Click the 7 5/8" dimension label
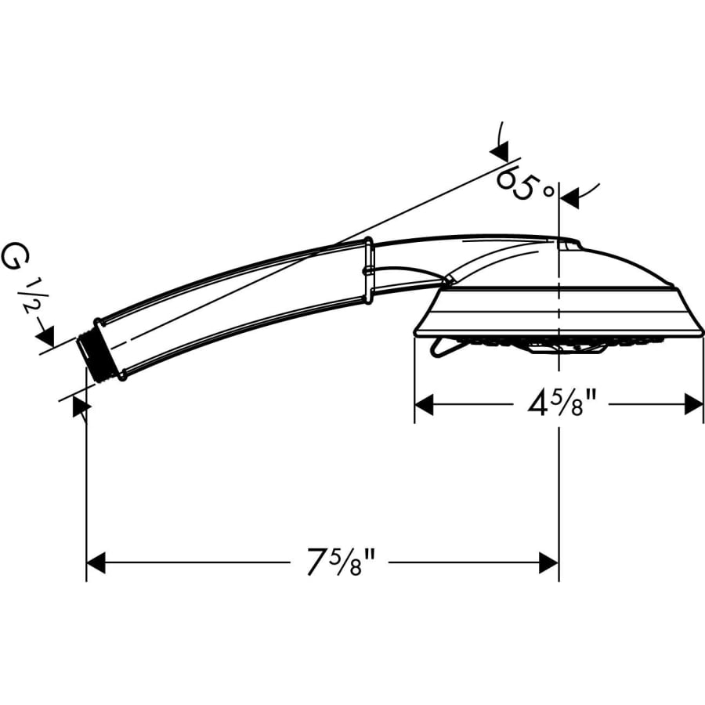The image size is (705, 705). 341,561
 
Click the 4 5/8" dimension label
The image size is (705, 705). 562,403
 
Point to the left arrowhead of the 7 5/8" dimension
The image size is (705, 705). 96,562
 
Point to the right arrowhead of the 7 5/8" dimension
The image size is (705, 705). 548,562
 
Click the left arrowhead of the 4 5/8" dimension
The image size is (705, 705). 424,404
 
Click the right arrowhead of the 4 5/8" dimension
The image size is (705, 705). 693,404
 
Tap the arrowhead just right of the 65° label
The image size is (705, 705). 569,198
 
